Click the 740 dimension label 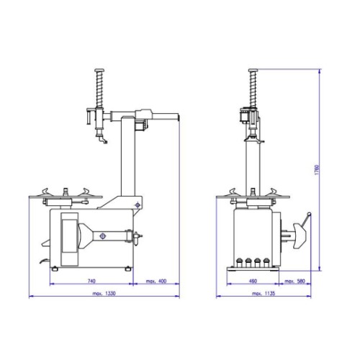[91, 281]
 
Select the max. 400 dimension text [156, 281]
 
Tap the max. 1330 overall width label [104, 293]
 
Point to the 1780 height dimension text [317, 170]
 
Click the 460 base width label [253, 281]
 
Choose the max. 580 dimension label [294, 281]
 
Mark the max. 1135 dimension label [264, 293]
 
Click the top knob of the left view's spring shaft [99, 71]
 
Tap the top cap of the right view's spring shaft [253, 71]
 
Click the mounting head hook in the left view [102, 140]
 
